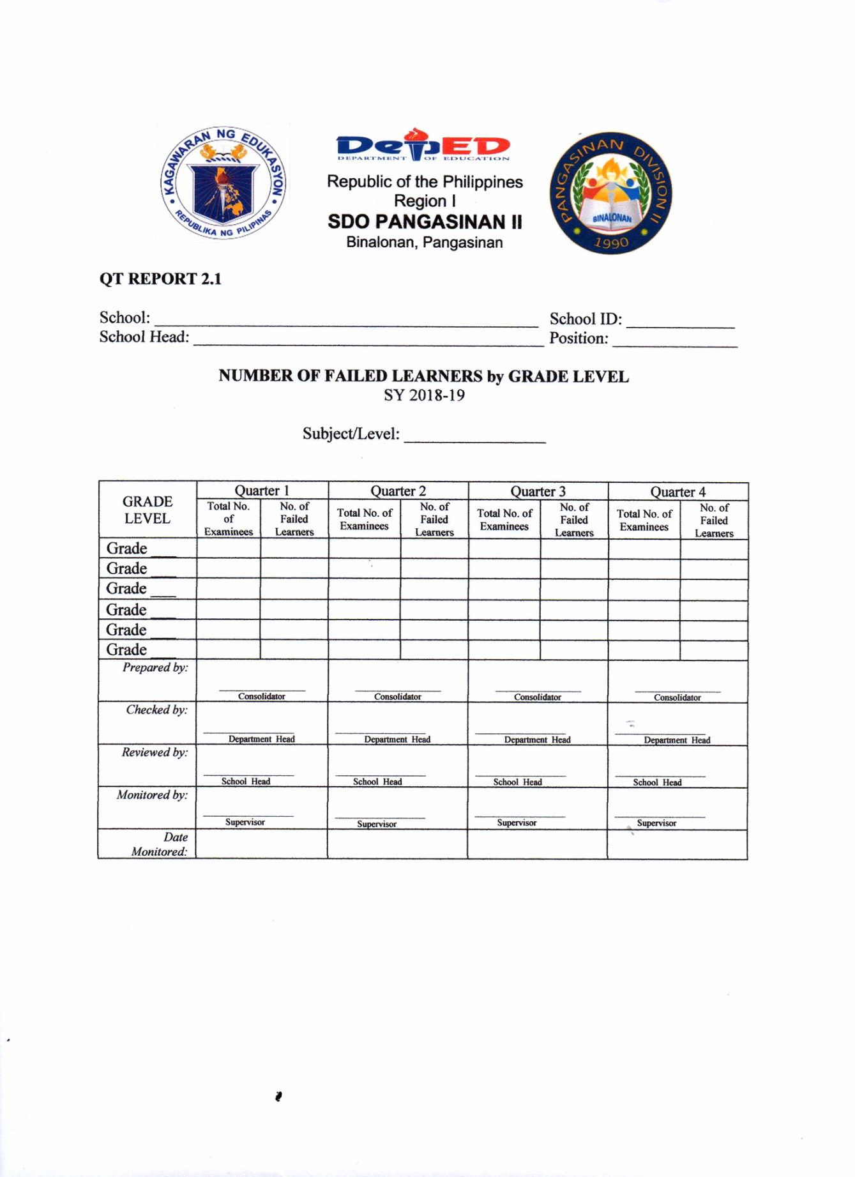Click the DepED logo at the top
tap(423, 145)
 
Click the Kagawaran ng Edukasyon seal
tap(223, 183)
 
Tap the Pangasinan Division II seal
tap(611, 193)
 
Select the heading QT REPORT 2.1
tap(160, 279)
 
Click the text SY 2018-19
tap(424, 395)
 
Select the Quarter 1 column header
tap(262, 490)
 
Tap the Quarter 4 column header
tap(677, 492)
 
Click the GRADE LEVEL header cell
tap(148, 510)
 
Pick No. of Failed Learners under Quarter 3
tap(574, 520)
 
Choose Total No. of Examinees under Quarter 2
tap(364, 519)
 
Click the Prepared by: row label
tap(155, 668)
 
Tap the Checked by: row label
tap(156, 710)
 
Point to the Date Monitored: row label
tap(160, 844)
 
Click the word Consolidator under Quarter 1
tap(262, 697)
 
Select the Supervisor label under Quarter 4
tap(656, 823)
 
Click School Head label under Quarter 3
tap(517, 782)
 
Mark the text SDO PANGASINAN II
tap(425, 222)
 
